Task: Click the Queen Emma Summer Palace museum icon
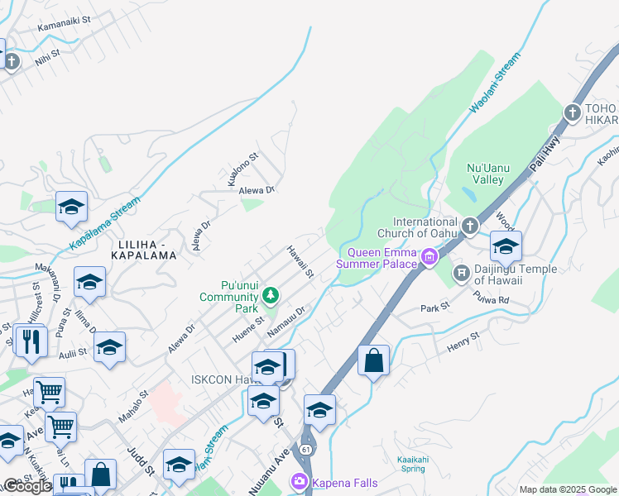[429, 259]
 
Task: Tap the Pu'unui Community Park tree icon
[270, 295]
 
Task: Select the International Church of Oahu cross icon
[470, 225]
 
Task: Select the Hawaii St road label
[300, 261]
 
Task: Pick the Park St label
[434, 307]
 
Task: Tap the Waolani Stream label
[497, 83]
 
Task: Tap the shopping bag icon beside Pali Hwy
[373, 360]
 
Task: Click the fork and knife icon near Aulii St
[31, 341]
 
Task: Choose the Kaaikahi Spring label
[401, 463]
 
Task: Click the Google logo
[26, 486]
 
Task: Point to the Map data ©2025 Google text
[567, 489]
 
